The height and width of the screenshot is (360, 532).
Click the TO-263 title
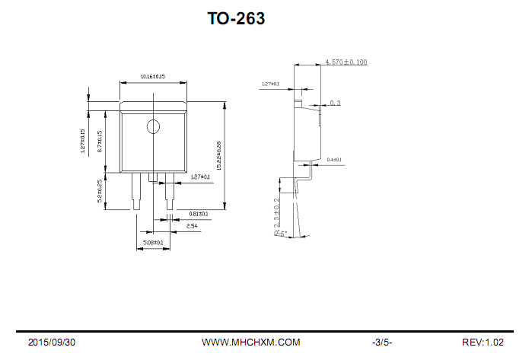click(x=236, y=19)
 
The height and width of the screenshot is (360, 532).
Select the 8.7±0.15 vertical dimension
click(x=100, y=142)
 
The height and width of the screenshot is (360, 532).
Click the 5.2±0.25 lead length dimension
click(x=100, y=191)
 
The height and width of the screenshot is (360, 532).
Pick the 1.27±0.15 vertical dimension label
click(x=82, y=142)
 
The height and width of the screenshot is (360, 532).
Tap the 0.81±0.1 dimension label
click(x=198, y=214)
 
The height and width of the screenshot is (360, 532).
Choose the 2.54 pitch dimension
click(x=192, y=226)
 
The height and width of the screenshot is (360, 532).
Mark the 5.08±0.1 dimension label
click(x=153, y=243)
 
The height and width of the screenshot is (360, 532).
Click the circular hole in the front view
click(x=154, y=126)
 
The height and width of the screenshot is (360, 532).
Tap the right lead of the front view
click(x=169, y=190)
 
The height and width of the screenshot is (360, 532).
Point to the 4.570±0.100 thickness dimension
click(x=346, y=61)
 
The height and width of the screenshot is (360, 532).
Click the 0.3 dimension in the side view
click(x=335, y=103)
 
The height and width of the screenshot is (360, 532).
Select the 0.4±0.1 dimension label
click(x=334, y=160)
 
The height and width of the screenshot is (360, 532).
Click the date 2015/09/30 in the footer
click(x=52, y=342)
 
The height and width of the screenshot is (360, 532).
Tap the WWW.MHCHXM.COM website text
click(x=250, y=342)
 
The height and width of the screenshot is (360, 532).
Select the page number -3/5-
click(x=381, y=342)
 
